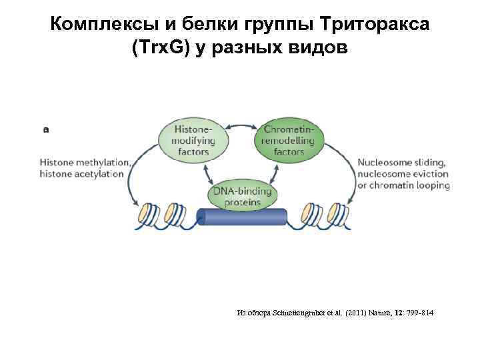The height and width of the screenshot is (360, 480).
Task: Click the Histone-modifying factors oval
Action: (x=193, y=140)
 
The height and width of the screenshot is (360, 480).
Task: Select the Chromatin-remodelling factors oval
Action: (x=289, y=140)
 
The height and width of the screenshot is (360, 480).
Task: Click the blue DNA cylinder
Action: (x=241, y=217)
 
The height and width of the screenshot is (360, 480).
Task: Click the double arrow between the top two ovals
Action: (x=241, y=125)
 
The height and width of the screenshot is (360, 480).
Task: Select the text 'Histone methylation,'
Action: (x=85, y=162)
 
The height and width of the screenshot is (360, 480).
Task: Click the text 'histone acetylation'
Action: (x=82, y=173)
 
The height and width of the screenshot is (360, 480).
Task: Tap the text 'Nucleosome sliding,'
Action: (x=402, y=162)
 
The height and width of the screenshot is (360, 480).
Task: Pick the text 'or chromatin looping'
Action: (x=404, y=185)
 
